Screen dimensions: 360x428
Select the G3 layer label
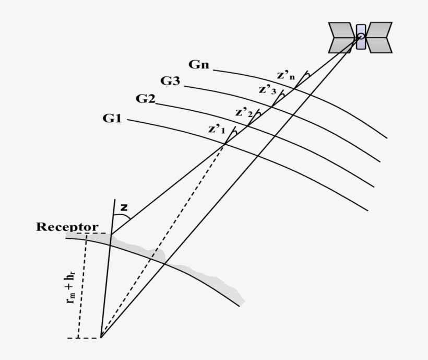[x=171, y=81]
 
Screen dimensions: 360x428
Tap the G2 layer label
[x=145, y=98]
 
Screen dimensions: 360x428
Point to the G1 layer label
[x=112, y=119]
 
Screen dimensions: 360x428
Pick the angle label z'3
[x=267, y=90]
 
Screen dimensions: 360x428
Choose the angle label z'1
[x=217, y=129]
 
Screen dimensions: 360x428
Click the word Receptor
[x=67, y=227]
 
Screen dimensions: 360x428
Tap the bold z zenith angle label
[x=124, y=207]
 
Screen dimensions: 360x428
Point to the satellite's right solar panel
[x=379, y=38]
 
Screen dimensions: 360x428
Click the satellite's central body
[x=361, y=37]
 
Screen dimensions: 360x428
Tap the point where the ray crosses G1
[x=225, y=144]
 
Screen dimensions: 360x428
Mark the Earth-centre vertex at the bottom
[x=101, y=338]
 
